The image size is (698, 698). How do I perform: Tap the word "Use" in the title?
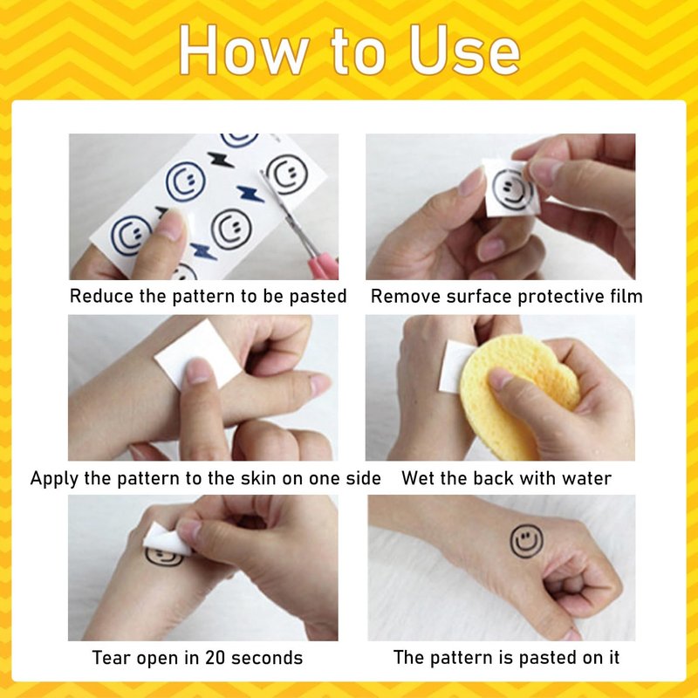464,51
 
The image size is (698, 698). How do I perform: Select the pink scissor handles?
324,266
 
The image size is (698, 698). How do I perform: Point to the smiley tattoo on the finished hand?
527,541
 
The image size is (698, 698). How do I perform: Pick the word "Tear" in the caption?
112,658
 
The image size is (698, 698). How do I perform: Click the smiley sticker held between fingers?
512,188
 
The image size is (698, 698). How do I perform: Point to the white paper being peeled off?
166,540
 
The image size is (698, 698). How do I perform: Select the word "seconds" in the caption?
267,658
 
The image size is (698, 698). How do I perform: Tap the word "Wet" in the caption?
418,478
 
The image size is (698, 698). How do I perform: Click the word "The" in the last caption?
408,658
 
